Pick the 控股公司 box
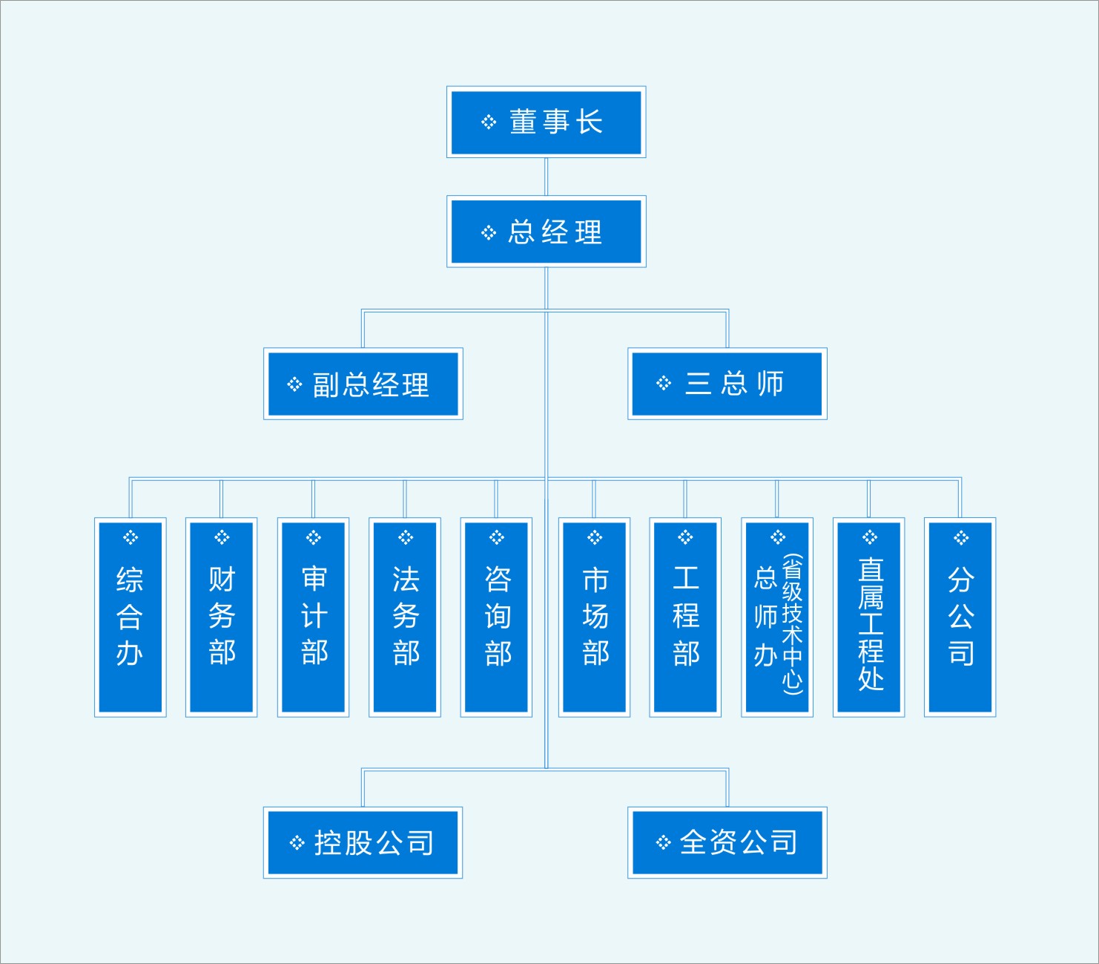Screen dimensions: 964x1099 tap(363, 843)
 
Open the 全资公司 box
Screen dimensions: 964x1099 tap(727, 843)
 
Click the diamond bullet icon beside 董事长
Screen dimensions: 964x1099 tap(489, 122)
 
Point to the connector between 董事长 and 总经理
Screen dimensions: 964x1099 tap(546, 177)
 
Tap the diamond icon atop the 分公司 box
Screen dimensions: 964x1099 tap(961, 537)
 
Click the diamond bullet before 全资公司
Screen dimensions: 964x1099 tap(664, 842)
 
